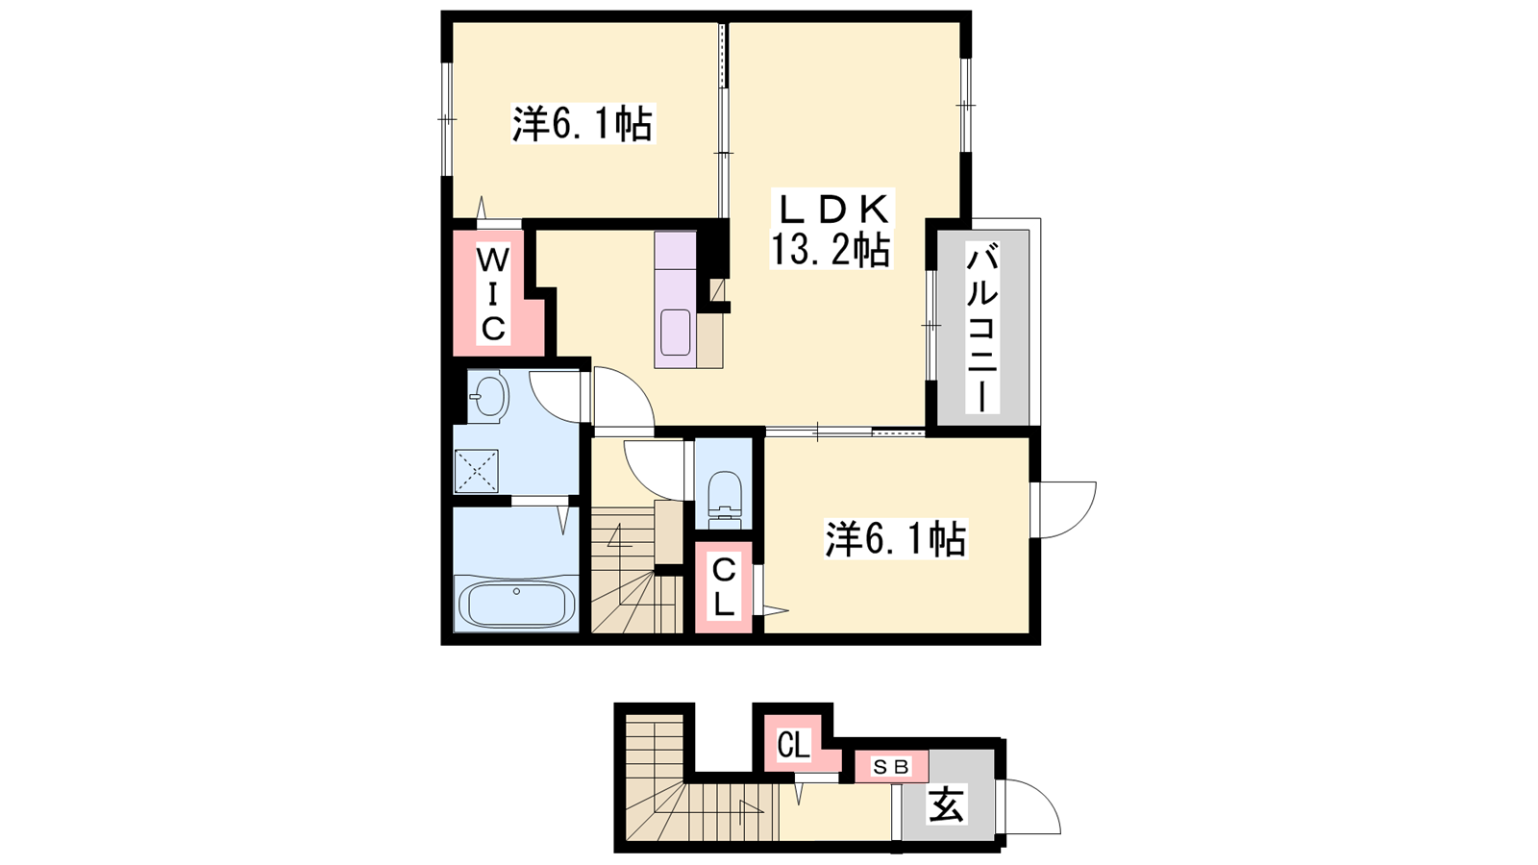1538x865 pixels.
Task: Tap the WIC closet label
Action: click(493, 295)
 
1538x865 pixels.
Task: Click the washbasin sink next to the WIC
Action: click(488, 397)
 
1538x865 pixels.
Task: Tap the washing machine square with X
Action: click(477, 471)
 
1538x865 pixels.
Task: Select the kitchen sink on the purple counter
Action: click(675, 332)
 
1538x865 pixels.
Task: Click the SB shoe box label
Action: click(891, 766)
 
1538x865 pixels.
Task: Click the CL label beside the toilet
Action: click(724, 587)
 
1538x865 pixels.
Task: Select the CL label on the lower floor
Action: click(793, 745)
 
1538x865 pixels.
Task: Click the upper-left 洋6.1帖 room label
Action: click(583, 124)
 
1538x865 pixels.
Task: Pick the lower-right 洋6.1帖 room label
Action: click(896, 539)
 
